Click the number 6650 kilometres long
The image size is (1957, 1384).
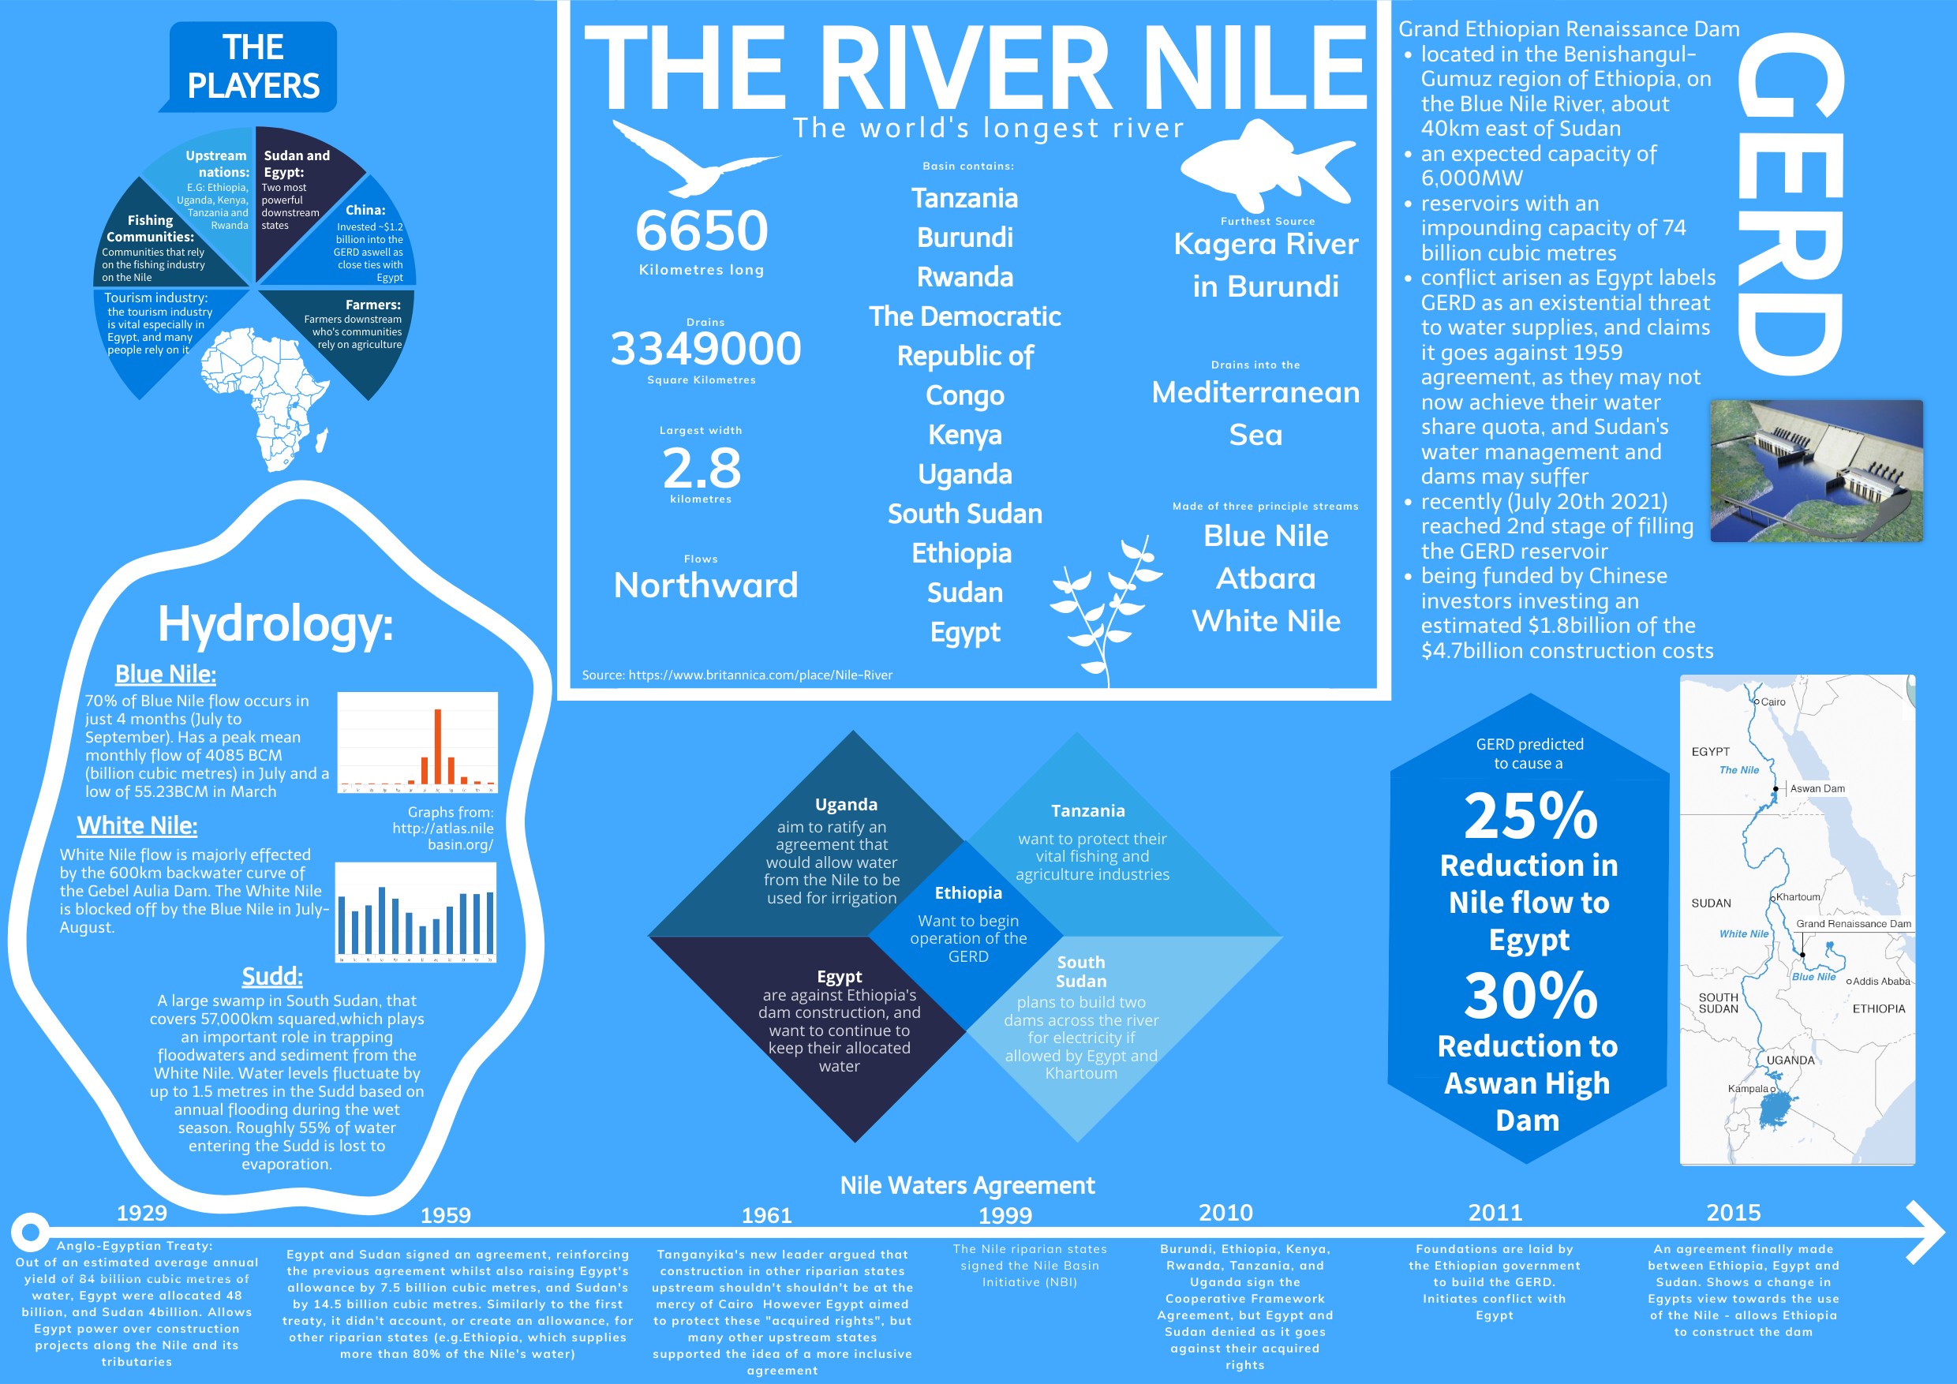[702, 231]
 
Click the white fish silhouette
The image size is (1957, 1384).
[1267, 166]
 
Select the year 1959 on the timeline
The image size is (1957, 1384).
[445, 1215]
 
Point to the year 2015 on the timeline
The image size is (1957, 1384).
[1733, 1212]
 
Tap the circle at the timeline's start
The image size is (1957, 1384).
[31, 1233]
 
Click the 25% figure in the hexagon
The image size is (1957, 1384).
[1530, 816]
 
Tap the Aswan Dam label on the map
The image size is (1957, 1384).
[1817, 788]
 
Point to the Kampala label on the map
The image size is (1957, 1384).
[1746, 1088]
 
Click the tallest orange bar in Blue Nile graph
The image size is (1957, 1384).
[437, 746]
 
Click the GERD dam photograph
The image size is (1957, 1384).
[1816, 470]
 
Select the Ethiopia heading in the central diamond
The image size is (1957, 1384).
[968, 893]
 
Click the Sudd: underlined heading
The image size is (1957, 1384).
[272, 976]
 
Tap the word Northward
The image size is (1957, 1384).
[705, 585]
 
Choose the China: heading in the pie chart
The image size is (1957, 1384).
[365, 210]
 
